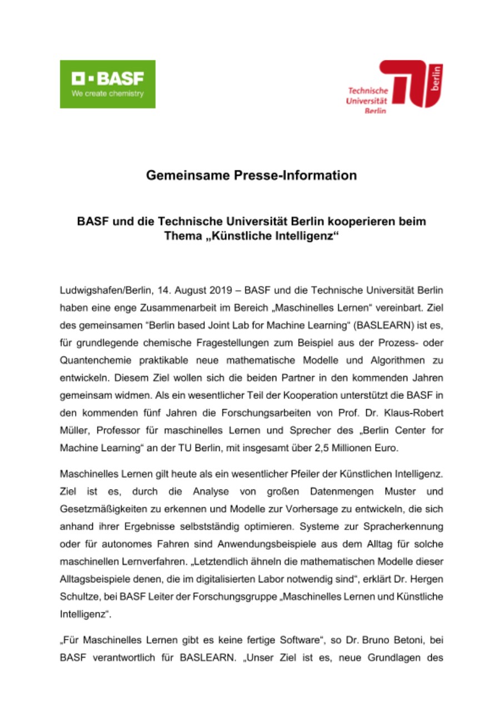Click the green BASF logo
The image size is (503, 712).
click(107, 83)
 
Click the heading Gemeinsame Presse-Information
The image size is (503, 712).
click(251, 176)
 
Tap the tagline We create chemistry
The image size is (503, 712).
click(107, 93)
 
